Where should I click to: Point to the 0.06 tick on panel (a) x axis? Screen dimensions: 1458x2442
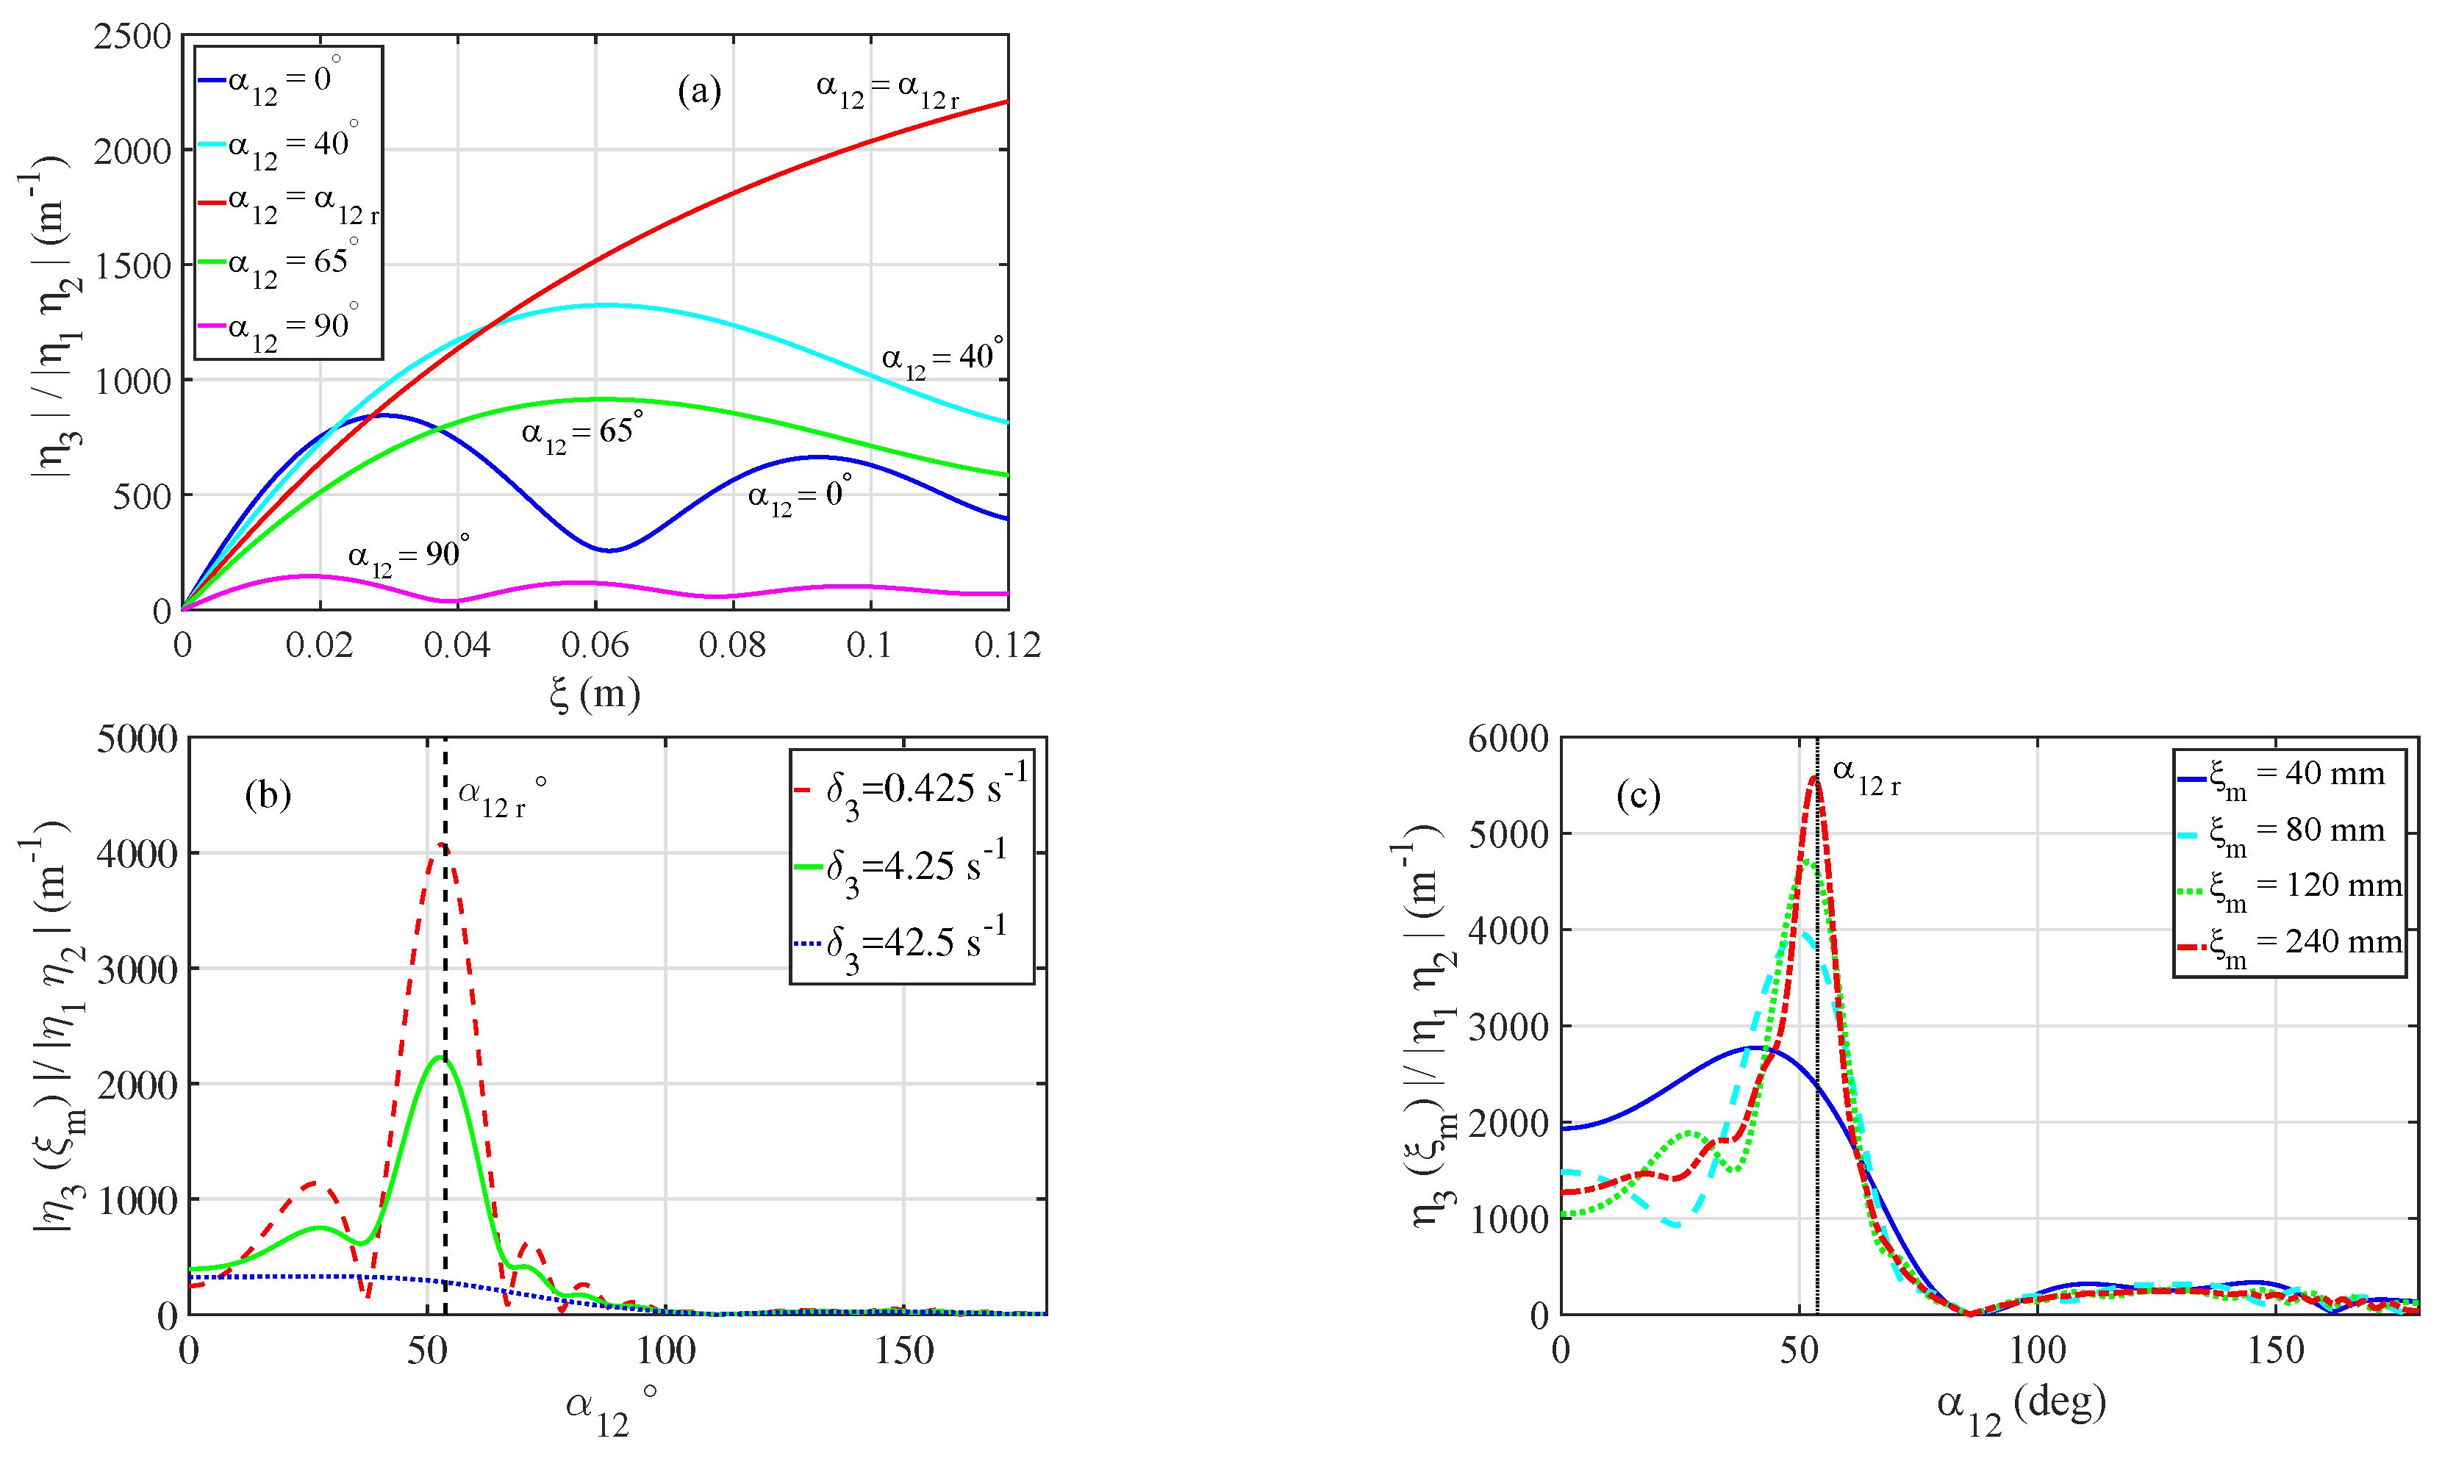595,645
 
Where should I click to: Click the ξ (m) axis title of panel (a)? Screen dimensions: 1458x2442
595,694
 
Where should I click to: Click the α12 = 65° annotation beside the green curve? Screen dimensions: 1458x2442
581,431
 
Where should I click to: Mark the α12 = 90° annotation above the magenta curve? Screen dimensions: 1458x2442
408,554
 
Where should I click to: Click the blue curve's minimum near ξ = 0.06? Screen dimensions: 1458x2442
609,550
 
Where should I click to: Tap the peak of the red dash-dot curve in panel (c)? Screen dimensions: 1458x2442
1814,778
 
